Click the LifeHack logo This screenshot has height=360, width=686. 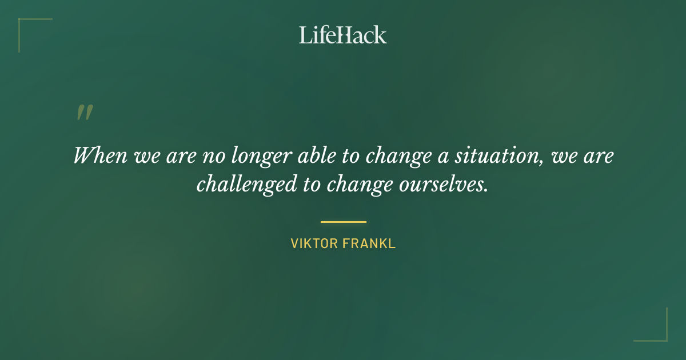tap(343, 35)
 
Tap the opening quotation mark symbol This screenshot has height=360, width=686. tap(84, 113)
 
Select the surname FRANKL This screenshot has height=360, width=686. tap(370, 243)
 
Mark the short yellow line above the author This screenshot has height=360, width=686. tap(343, 222)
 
